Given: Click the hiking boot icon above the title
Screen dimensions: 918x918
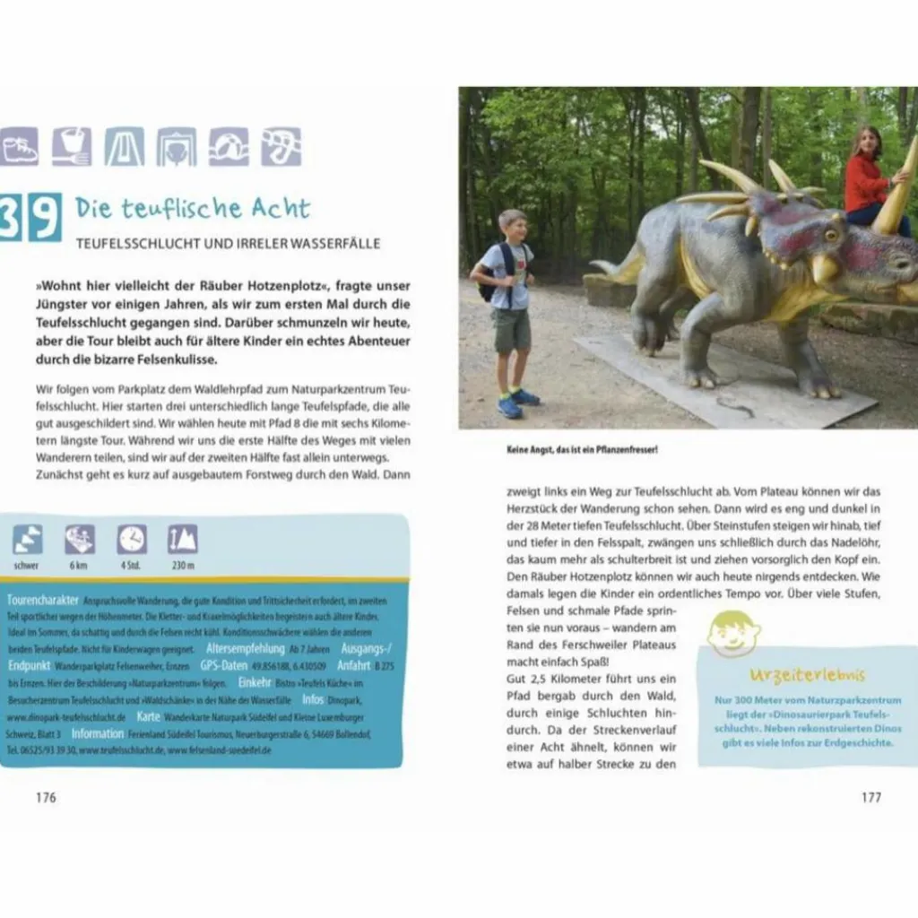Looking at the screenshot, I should [20, 146].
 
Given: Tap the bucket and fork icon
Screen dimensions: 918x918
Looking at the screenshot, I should [72, 146].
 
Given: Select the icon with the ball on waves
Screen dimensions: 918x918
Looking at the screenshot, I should [229, 146].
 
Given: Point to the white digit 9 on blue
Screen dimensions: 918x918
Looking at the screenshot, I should [44, 217].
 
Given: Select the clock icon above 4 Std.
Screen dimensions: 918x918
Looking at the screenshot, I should [132, 540].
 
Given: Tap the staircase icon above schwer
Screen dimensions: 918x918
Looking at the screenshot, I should [27, 540].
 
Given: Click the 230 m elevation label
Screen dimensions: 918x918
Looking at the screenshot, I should [183, 566].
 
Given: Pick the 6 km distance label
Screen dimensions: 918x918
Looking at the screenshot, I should [79, 566].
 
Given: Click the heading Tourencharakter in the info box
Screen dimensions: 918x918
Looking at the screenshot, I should [42, 600].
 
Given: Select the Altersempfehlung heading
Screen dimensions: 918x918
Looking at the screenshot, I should [245, 649].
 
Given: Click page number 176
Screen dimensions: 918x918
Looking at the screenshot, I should [46, 797].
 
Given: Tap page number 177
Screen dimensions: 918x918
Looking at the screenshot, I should [870, 797].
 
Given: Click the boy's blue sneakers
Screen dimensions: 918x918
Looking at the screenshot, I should [518, 402].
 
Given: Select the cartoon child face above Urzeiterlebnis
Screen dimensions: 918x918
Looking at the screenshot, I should [733, 634].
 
